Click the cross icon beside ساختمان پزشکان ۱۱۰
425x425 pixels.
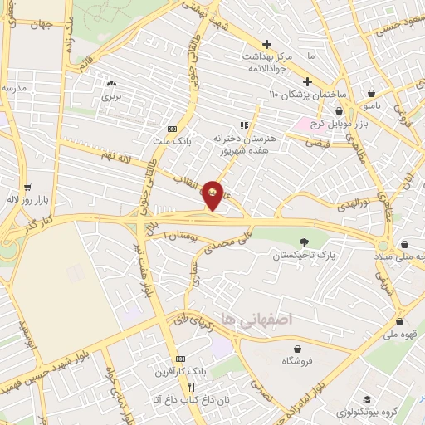click(307, 81)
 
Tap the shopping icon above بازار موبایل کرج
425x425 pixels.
click(339, 110)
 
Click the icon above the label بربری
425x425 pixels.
click(110, 83)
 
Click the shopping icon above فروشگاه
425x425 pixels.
click(291, 348)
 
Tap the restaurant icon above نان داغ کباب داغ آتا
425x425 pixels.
click(192, 386)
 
